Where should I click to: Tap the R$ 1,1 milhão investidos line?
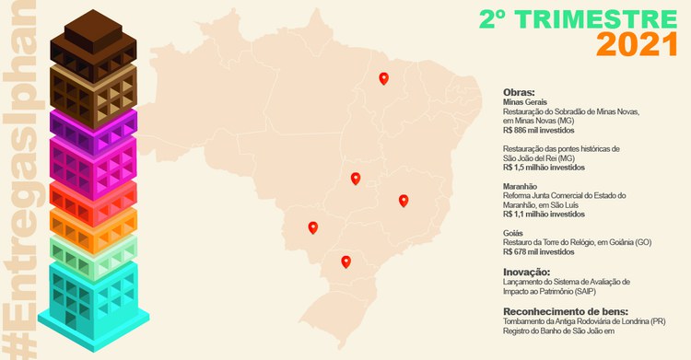click(x=544, y=214)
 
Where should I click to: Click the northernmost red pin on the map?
click(x=384, y=79)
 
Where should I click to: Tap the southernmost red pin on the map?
click(x=345, y=261)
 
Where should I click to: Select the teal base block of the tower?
click(x=93, y=295)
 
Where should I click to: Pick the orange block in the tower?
click(x=93, y=222)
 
